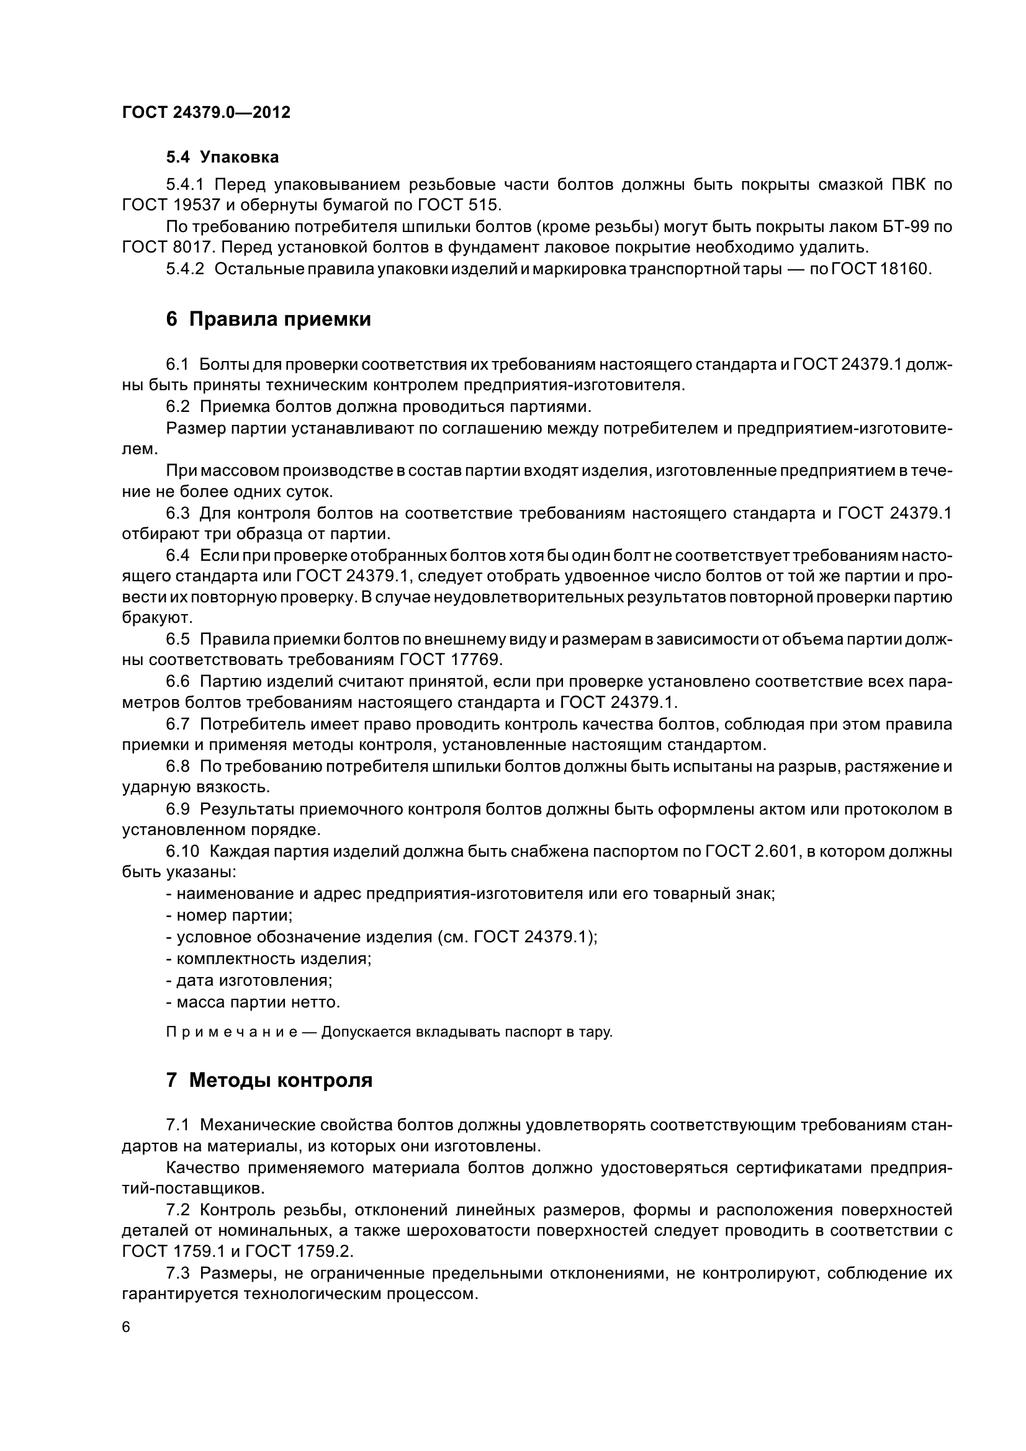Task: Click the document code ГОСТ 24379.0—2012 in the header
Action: (x=206, y=112)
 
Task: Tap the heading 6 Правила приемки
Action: (x=268, y=319)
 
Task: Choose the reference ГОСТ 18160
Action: (x=882, y=269)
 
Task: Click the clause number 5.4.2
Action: (x=185, y=269)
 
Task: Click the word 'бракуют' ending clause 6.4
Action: (x=156, y=617)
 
